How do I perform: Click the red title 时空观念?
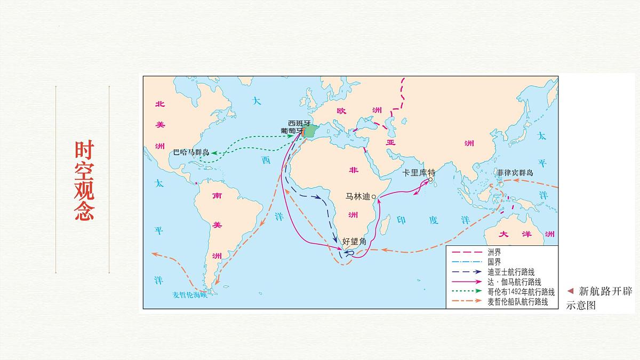[84, 181]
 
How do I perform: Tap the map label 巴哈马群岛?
[191, 152]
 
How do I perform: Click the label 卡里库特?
[419, 172]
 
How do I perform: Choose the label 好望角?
[355, 242]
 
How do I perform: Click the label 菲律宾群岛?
[515, 173]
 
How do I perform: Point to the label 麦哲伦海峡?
[189, 295]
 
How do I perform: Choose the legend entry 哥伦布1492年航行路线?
[521, 292]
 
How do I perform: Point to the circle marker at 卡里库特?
[430, 180]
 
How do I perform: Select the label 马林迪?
[358, 196]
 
